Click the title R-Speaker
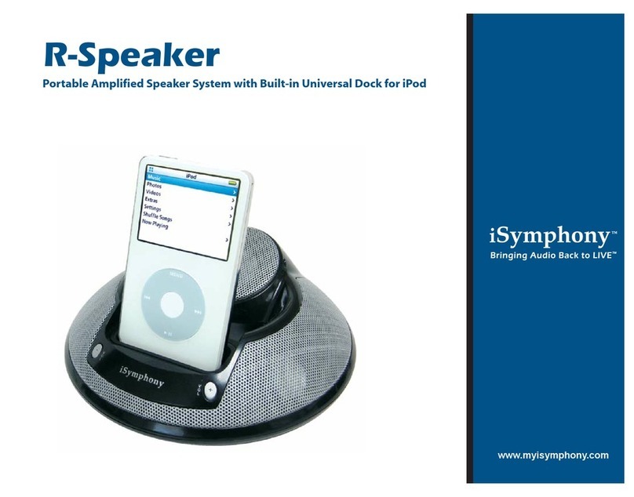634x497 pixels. pos(130,56)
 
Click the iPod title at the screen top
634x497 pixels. pos(191,176)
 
